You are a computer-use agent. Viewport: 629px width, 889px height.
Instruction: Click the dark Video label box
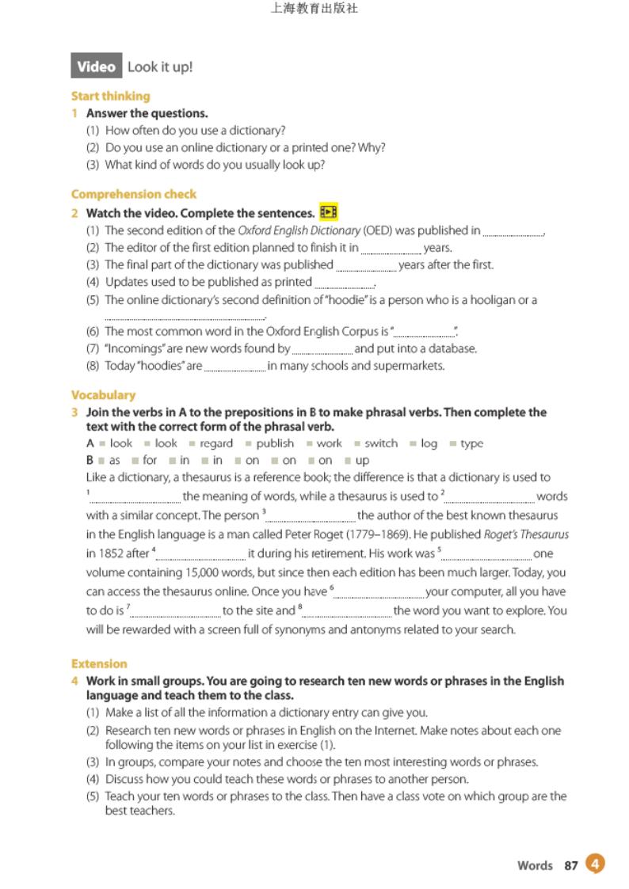97,67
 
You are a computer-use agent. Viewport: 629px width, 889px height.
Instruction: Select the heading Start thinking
110,96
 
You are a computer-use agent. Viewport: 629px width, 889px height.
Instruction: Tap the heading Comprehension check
133,194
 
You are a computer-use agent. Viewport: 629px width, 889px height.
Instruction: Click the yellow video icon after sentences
328,212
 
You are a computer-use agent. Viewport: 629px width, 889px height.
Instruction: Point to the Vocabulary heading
103,395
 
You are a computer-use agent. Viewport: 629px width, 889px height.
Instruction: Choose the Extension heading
99,663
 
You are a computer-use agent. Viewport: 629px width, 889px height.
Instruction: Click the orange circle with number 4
596,864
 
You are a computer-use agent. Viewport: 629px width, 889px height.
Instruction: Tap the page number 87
571,865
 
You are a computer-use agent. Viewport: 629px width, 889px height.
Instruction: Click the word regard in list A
216,443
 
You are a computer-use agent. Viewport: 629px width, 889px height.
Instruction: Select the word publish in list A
275,443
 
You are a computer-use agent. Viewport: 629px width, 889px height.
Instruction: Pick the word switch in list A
381,443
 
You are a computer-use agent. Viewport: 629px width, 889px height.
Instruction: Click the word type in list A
471,443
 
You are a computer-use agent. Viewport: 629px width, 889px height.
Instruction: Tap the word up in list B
362,460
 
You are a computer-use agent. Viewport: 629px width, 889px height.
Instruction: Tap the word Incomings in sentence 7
134,348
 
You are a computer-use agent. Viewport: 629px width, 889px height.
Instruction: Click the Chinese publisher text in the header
314,9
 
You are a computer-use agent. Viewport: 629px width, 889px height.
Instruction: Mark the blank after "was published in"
513,232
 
